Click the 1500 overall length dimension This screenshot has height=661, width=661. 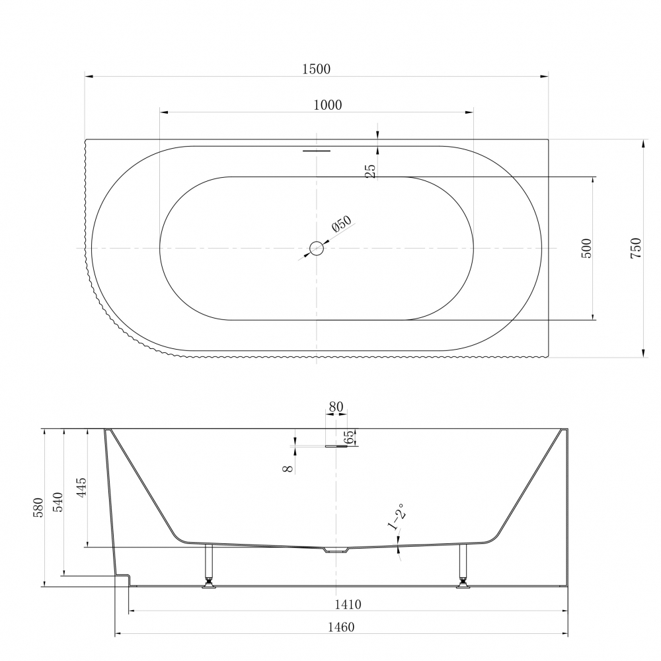tap(316, 69)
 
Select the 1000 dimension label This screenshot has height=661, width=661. tap(328, 104)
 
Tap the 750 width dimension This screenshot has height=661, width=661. tap(636, 249)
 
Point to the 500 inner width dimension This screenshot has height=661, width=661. tap(586, 249)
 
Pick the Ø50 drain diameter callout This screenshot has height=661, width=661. tap(342, 224)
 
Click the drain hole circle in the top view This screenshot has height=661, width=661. tap(316, 249)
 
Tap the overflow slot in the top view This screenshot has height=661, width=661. tap(317, 149)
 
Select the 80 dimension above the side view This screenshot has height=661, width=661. tap(336, 407)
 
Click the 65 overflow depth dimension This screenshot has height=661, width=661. tap(349, 437)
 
